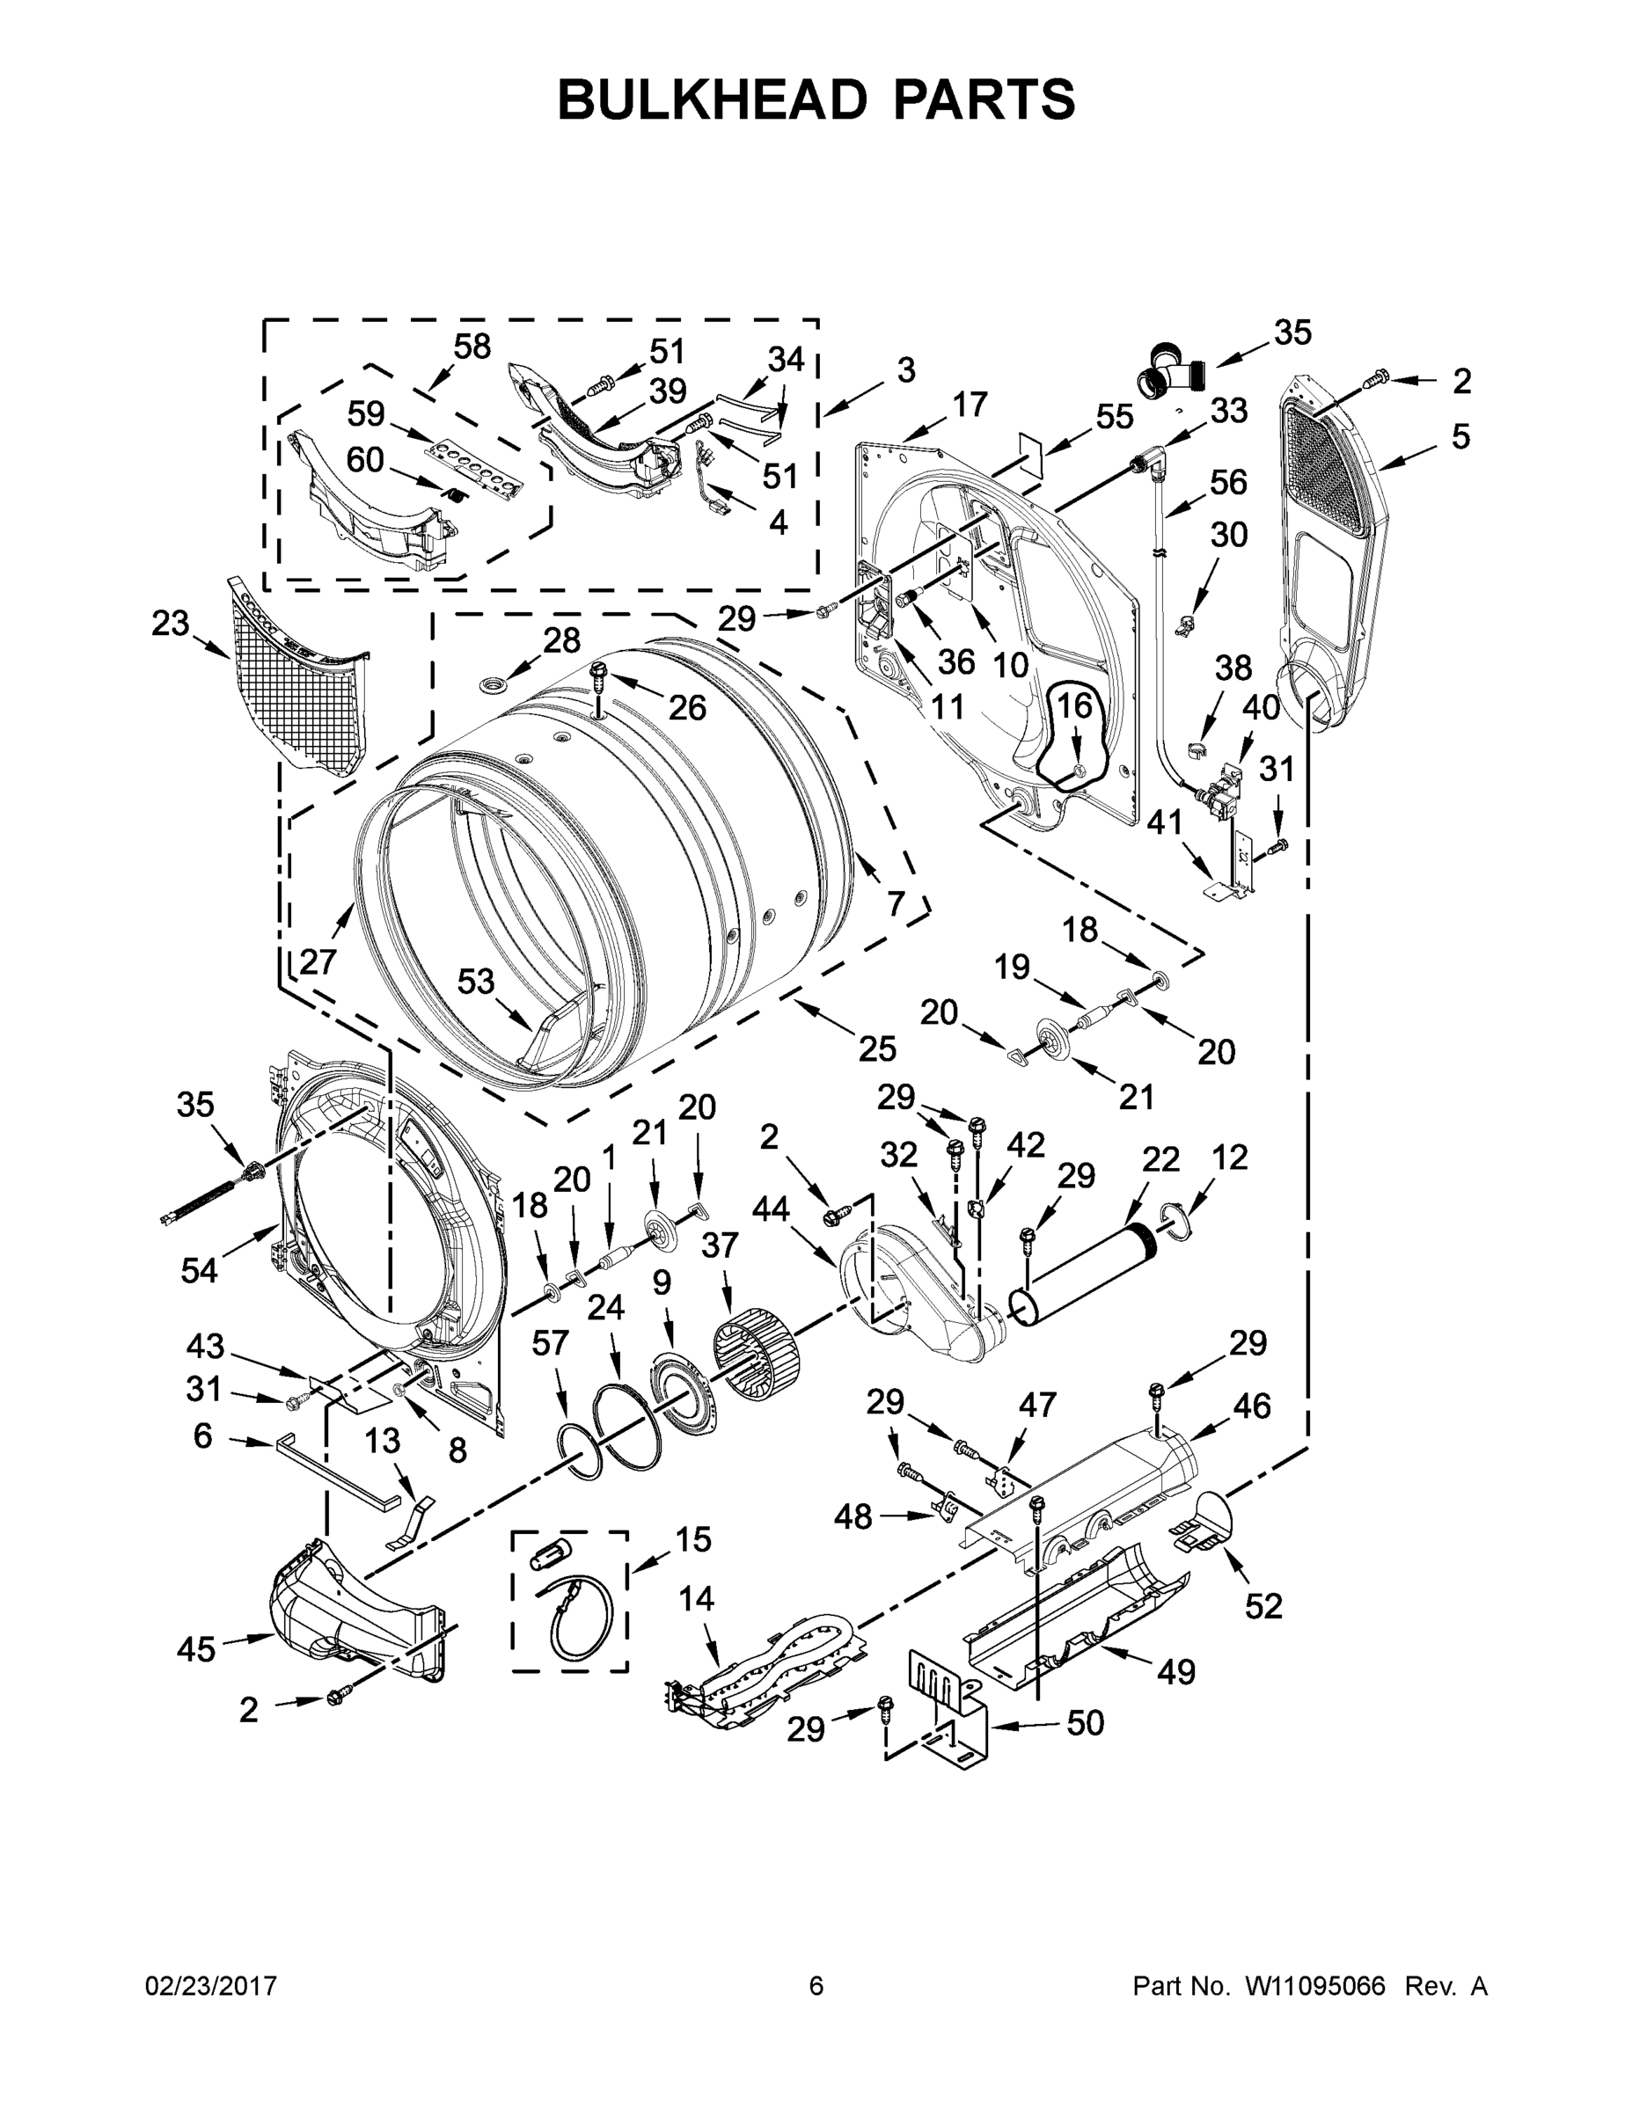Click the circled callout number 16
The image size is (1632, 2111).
(x=1073, y=707)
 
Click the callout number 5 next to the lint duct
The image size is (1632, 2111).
(x=1460, y=437)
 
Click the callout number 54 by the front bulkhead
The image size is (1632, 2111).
(x=199, y=1269)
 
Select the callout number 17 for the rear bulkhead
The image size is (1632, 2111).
(x=970, y=403)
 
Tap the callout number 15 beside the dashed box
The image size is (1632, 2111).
(x=692, y=1538)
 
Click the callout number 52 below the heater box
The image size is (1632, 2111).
(x=1262, y=1605)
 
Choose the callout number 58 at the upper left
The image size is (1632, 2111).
(x=472, y=346)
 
